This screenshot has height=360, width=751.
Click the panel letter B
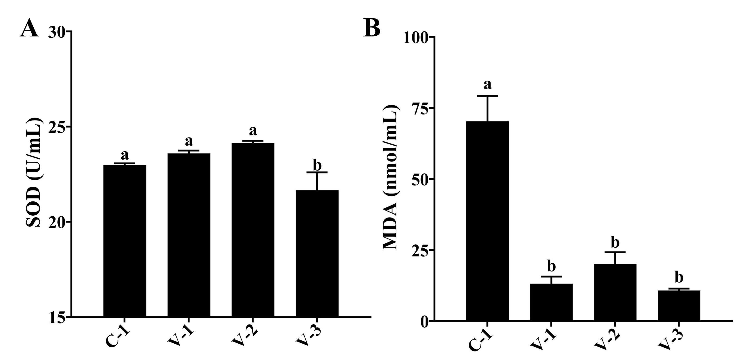point(372,28)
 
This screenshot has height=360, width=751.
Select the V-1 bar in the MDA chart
point(551,302)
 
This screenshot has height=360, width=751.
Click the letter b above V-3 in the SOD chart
point(317,165)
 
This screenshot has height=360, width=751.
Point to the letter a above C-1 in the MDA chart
point(487,85)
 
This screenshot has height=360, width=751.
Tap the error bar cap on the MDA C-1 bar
point(487,96)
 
